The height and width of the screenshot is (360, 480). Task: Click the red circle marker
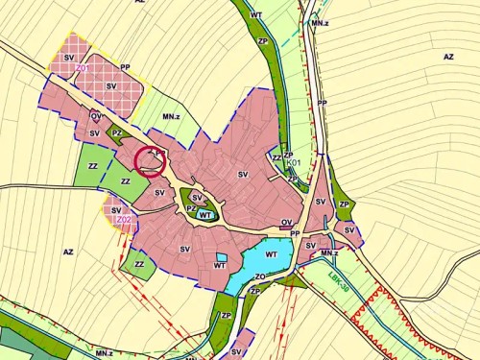[x=151, y=160]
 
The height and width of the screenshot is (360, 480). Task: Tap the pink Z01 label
[x=83, y=69]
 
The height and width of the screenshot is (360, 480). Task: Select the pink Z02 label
[x=123, y=220]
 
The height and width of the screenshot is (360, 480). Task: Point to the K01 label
[x=295, y=163]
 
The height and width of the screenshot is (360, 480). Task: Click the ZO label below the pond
[x=259, y=276]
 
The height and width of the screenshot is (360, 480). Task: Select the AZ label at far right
[x=447, y=57]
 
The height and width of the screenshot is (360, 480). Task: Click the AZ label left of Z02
[x=68, y=252]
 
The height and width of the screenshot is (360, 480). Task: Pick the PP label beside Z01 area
[x=125, y=67]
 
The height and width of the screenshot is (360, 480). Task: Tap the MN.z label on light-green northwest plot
[x=172, y=116]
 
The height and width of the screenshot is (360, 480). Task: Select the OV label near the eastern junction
[x=286, y=222]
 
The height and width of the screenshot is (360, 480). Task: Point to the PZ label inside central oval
[x=192, y=208]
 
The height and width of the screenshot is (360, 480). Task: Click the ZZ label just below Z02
[x=140, y=264]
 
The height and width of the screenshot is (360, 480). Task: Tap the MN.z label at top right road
[x=320, y=20]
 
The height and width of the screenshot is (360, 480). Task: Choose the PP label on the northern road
[x=323, y=103]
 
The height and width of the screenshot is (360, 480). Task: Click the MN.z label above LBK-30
[x=329, y=253]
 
